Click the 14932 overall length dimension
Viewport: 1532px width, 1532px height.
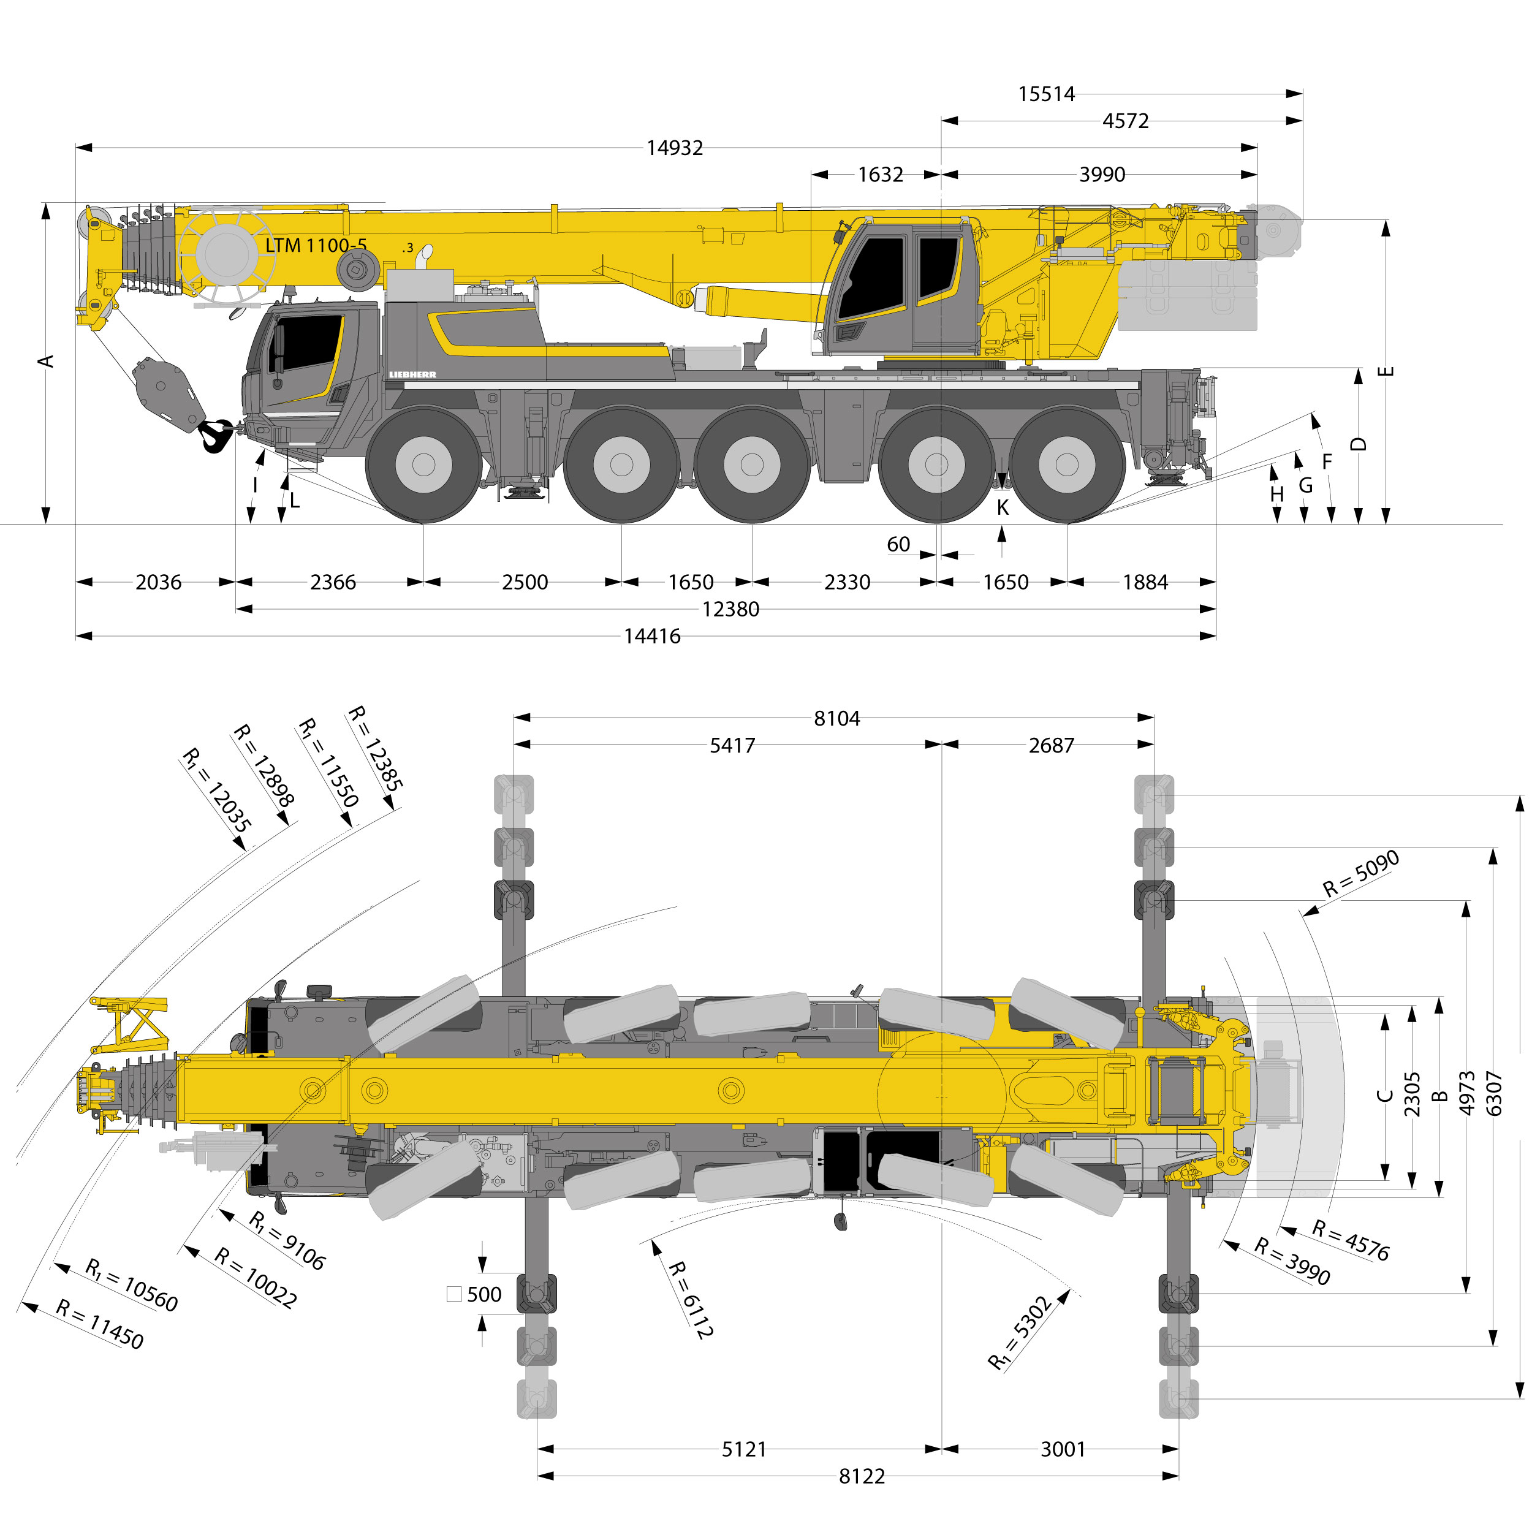674,148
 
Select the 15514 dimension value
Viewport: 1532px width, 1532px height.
1046,94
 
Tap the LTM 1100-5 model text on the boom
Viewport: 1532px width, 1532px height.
316,245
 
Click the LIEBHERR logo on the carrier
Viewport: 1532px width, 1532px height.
412,375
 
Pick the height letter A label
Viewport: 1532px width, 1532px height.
47,361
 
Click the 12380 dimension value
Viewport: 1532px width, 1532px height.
730,609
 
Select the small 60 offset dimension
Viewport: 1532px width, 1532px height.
898,544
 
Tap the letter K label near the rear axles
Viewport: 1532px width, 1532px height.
1003,507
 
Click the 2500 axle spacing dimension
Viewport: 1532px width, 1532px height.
524,582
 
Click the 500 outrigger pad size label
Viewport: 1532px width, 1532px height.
483,1294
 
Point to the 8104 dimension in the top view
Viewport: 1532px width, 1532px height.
836,718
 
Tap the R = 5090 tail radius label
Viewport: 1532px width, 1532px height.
1360,874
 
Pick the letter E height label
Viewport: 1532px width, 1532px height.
1386,371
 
